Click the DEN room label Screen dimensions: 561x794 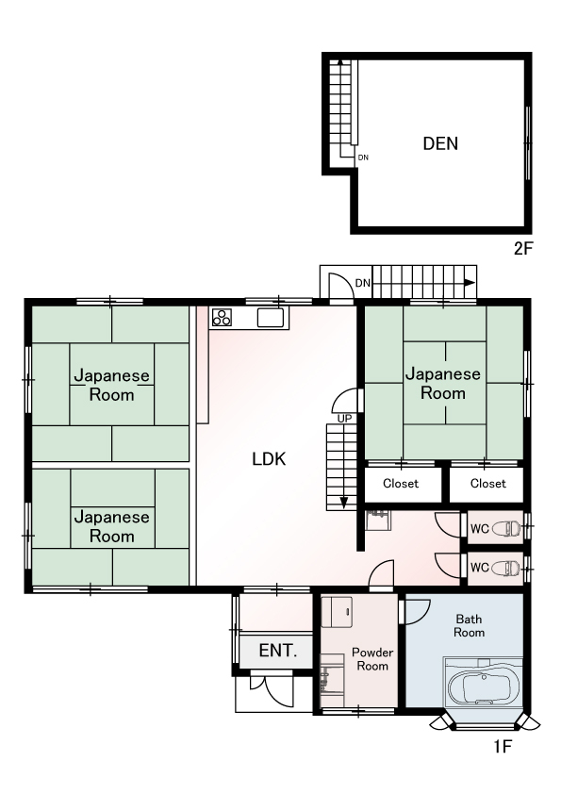[x=440, y=144]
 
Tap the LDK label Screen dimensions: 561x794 [x=269, y=459]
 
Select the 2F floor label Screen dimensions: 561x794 [x=523, y=249]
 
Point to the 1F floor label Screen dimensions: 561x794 [x=503, y=747]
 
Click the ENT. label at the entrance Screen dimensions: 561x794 [x=278, y=650]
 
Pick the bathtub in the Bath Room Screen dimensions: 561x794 [x=483, y=687]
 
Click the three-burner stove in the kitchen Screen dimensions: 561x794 [x=222, y=318]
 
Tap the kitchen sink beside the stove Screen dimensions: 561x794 [x=271, y=318]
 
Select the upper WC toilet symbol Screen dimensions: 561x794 [x=506, y=529]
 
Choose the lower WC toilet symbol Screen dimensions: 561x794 [x=506, y=568]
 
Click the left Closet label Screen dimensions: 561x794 [x=401, y=484]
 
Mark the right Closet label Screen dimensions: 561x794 [x=488, y=484]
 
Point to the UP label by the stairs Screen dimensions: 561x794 [x=344, y=420]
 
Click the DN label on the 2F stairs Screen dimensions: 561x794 [x=363, y=157]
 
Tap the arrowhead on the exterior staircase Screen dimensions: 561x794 [x=470, y=283]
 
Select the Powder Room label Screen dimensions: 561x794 [x=372, y=659]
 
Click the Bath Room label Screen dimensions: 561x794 [x=469, y=625]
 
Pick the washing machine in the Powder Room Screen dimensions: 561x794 [x=337, y=612]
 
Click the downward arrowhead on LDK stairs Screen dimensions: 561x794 [x=344, y=504]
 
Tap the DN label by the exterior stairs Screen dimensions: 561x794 [x=363, y=283]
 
